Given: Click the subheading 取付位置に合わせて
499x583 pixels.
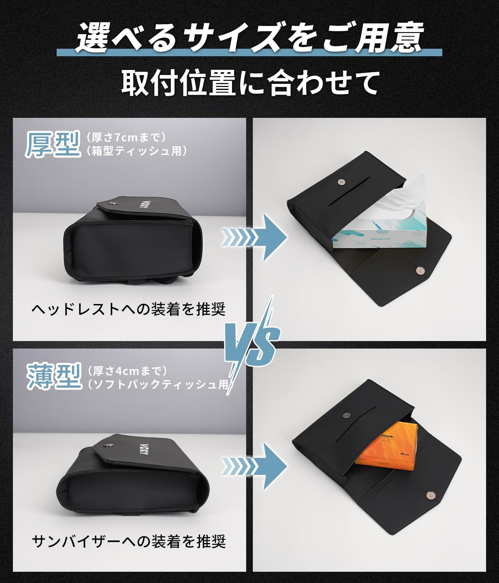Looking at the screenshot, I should (x=249, y=83).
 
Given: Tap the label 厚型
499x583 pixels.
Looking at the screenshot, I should (x=52, y=145).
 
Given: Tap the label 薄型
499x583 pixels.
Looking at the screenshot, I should (x=54, y=376).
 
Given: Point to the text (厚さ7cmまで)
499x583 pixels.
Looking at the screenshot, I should (x=127, y=137).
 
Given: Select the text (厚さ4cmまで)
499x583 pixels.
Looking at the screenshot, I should (x=127, y=370).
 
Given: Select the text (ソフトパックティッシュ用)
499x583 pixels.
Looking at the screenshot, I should (x=158, y=384).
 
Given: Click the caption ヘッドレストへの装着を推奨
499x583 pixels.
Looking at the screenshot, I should (x=129, y=309).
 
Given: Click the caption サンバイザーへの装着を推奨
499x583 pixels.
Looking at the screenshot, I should (x=129, y=541).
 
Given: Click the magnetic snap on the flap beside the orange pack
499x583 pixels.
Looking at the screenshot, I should (x=429, y=494).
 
